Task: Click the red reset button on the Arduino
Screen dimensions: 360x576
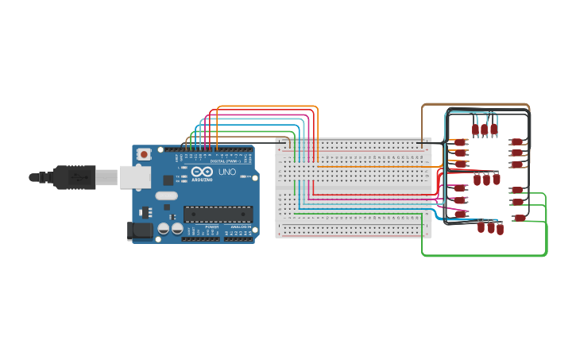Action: [144, 154]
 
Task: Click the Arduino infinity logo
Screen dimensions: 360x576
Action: [202, 172]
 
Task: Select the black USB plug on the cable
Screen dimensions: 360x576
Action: [75, 177]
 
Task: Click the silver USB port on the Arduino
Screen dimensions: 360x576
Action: [130, 177]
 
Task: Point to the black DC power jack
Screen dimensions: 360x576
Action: [140, 230]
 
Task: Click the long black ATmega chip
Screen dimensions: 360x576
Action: [218, 214]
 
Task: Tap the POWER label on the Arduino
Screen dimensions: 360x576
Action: [211, 226]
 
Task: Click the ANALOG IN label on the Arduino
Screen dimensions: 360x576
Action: [239, 226]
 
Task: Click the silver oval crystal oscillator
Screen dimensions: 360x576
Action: [166, 195]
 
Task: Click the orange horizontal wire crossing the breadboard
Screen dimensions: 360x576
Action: [373, 167]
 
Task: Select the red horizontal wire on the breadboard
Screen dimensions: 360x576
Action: [373, 194]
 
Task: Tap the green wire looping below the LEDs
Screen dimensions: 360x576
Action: [485, 255]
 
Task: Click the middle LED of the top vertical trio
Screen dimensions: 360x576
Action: [484, 129]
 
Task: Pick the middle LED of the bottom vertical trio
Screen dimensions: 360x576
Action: [490, 228]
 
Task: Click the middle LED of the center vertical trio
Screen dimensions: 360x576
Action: [486, 180]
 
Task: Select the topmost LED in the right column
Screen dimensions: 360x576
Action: [517, 142]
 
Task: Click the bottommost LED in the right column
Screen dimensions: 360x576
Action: [520, 218]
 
